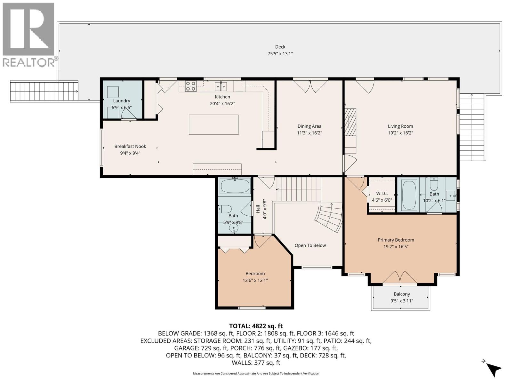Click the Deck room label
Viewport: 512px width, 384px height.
click(280, 47)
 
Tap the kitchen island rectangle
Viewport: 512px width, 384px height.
click(213, 124)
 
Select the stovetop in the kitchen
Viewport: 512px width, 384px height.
click(191, 86)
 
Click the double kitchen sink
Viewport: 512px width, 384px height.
click(221, 86)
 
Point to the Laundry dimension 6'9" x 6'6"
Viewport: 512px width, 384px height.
click(122, 108)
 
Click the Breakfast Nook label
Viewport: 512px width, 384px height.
click(130, 146)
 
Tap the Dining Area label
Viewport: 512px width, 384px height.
click(309, 126)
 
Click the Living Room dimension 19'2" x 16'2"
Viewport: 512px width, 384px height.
click(400, 133)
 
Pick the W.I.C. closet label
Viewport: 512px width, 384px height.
click(382, 194)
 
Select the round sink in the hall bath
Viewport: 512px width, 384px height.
click(234, 228)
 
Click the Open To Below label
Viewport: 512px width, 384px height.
click(310, 245)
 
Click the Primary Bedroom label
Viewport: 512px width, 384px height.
click(396, 240)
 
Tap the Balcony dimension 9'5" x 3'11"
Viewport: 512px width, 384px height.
click(402, 301)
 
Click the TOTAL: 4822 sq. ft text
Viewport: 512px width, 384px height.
click(256, 326)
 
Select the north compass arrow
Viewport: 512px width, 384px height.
click(493, 369)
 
